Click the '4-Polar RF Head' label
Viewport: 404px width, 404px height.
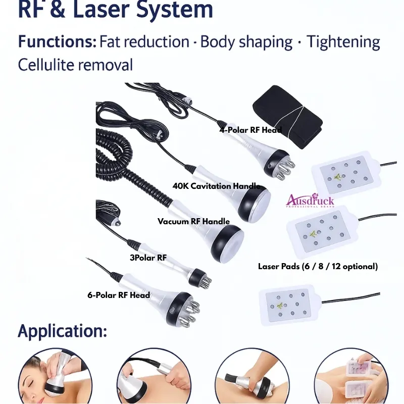tap(250, 130)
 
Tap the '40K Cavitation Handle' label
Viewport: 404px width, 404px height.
tap(216, 186)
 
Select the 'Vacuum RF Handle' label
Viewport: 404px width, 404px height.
tap(193, 221)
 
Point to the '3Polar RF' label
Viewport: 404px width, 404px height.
tap(148, 258)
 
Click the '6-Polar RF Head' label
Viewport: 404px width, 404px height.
tap(119, 295)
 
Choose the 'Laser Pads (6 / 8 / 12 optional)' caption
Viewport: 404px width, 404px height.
tap(318, 266)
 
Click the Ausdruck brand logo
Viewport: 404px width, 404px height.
tap(310, 200)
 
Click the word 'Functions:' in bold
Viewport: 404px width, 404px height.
tap(57, 42)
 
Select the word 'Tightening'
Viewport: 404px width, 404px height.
tap(343, 42)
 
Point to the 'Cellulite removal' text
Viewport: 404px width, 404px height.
tap(75, 65)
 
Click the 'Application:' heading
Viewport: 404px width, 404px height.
tap(62, 331)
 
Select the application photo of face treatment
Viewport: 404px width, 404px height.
tap(55, 376)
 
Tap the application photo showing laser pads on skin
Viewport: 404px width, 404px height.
tap(351, 376)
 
